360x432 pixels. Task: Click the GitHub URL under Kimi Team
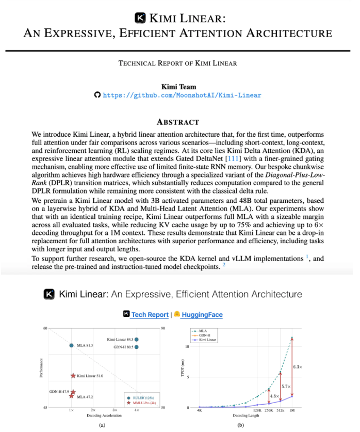pos(182,95)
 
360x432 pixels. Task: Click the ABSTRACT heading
pos(178,122)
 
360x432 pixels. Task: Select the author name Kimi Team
pos(178,85)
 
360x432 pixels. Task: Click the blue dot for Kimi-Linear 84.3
pos(137,339)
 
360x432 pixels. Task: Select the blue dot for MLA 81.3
pos(72,345)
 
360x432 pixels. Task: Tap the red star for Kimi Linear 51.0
pos(73,376)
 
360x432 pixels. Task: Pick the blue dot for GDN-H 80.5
pos(137,347)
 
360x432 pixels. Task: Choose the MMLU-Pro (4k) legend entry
pos(144,403)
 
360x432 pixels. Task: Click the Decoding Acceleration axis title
pos(102,414)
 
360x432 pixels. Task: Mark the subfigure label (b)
pos(240,425)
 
